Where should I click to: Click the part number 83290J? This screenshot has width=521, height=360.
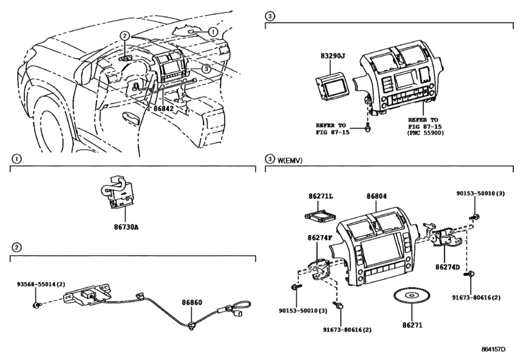coord(333,56)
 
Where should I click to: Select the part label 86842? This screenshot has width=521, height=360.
coord(163,109)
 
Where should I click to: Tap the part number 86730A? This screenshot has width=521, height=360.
coord(127,228)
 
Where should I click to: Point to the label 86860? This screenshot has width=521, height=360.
coord(191,303)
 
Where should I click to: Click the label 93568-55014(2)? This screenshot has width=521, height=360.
coord(41,284)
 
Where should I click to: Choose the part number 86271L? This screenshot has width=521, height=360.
coord(321,197)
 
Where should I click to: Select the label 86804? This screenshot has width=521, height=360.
coord(376,197)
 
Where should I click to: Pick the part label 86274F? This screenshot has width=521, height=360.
coord(320,238)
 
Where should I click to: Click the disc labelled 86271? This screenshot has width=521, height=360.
coord(412,296)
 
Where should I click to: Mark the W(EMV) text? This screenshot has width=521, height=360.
coord(290,161)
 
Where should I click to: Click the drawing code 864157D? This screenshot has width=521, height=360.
coord(493,349)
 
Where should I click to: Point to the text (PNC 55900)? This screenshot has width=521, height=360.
coord(425,132)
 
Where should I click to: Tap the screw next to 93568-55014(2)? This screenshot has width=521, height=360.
coord(36,305)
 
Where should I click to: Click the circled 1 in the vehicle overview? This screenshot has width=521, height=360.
coord(213,32)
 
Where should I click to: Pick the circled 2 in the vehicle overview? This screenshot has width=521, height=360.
coord(124,35)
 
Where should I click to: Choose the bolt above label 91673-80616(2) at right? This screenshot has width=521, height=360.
coord(472,274)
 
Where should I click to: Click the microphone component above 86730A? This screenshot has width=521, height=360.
coord(117,192)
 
